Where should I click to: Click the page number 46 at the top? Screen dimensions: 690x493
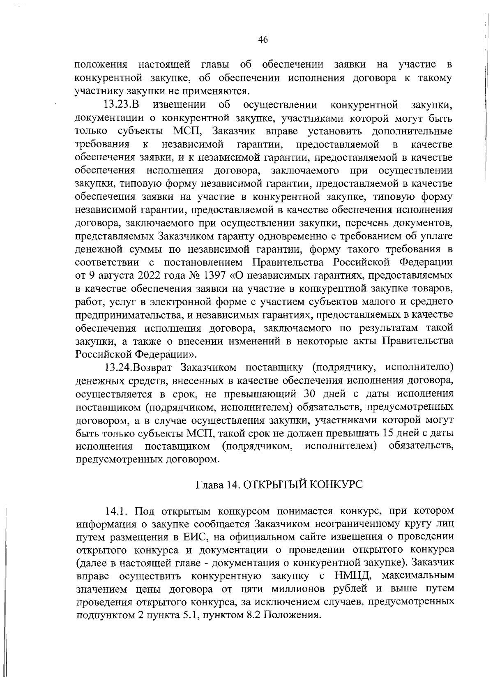(x=263, y=39)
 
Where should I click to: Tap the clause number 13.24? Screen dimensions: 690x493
(x=118, y=367)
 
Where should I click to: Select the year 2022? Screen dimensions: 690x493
(x=138, y=275)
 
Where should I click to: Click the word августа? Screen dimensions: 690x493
(x=107, y=275)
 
